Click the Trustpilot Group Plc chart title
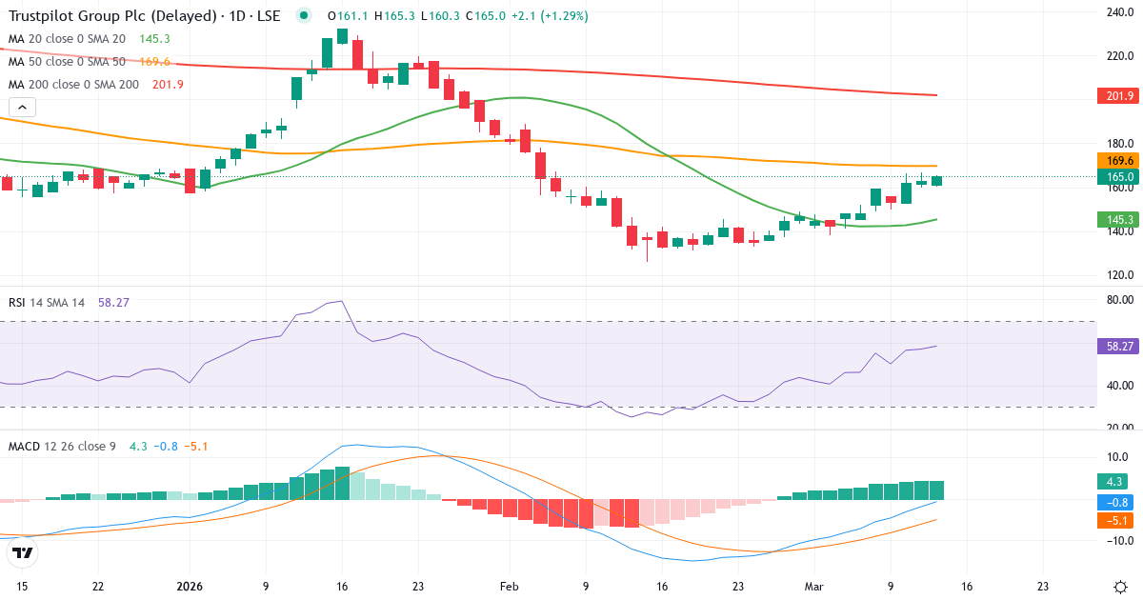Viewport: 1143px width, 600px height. tap(143, 16)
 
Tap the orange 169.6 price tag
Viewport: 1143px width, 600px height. tap(1119, 161)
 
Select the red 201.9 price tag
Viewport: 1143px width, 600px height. tap(1119, 96)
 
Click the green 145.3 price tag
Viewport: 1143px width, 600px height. tap(1119, 220)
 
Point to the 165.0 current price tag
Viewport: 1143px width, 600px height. tap(1119, 177)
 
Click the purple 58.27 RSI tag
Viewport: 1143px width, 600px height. tap(1119, 346)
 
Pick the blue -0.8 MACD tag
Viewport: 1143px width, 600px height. tap(1116, 502)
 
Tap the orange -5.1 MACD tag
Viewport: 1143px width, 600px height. tap(1116, 521)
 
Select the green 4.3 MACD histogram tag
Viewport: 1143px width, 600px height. tap(1116, 482)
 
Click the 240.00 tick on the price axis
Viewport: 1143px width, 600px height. tap(1116, 12)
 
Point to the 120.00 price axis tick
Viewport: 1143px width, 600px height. tap(1116, 276)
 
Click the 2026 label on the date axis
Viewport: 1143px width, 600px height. tap(190, 587)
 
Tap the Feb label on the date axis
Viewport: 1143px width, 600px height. tap(510, 587)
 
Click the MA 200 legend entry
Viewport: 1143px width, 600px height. tap(73, 85)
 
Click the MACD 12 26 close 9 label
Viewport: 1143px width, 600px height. tap(63, 446)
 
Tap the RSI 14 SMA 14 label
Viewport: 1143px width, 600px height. tap(47, 303)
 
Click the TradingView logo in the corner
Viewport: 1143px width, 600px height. tap(23, 552)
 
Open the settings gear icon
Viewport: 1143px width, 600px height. tap(1120, 587)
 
